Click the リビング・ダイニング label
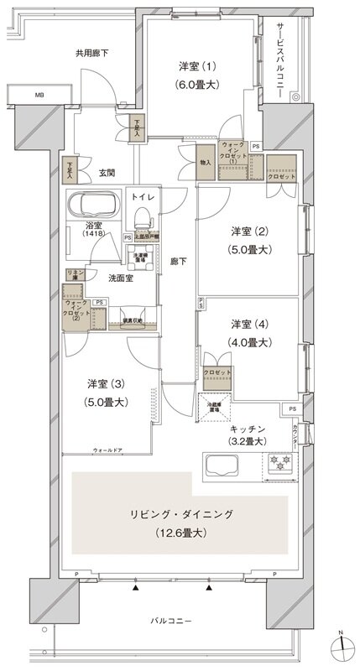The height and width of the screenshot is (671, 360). pos(180,513)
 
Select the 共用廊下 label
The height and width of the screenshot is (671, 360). pos(91,52)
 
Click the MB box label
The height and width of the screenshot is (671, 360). pos(39,95)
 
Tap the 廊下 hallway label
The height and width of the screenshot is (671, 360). pos(177,261)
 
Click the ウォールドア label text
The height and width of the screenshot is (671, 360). pos(107,450)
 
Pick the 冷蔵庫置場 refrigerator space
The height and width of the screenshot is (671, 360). pos(215,405)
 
